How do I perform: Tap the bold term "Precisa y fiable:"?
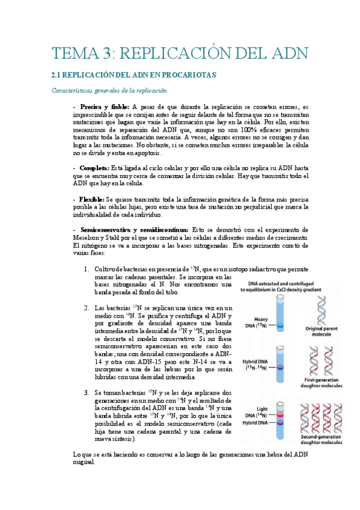coord(99,106)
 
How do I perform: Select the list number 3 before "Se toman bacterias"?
coord(87,392)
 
